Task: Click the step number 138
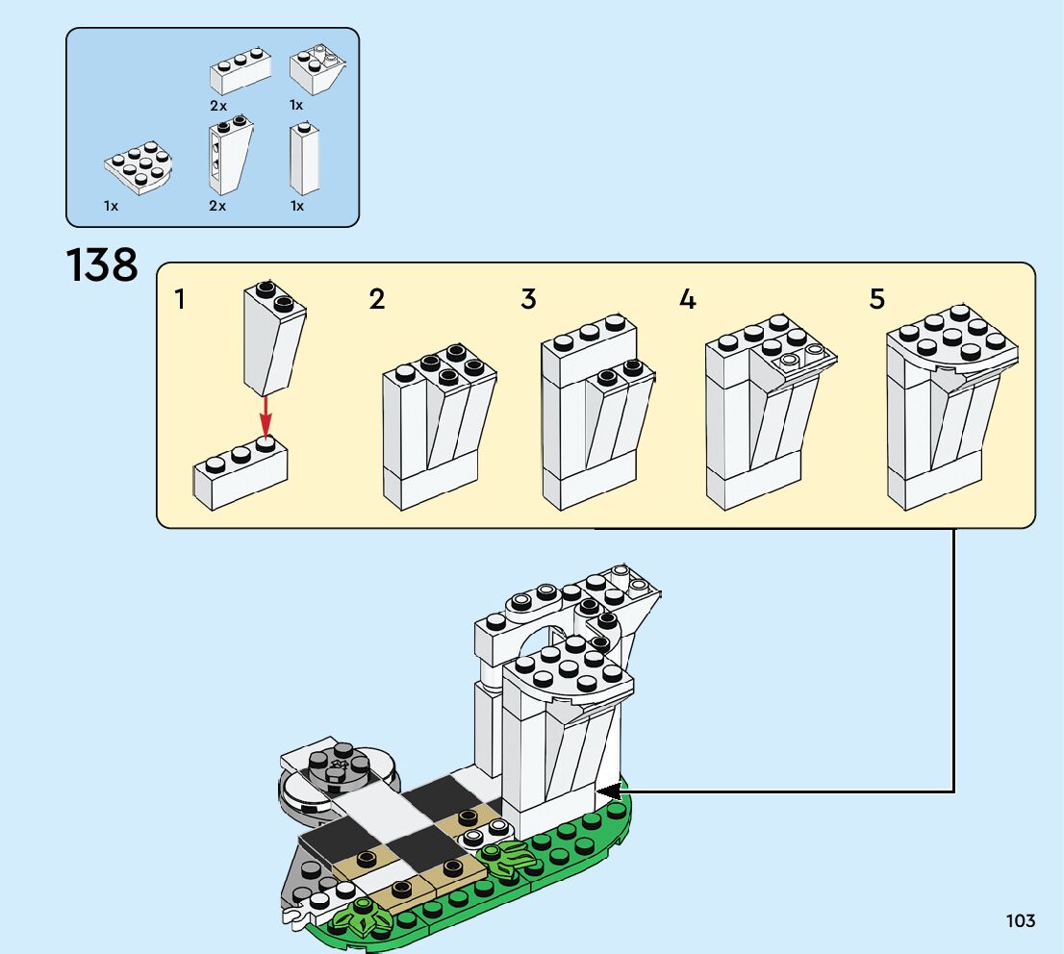tap(102, 264)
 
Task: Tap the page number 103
tap(1021, 921)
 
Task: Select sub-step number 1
tap(180, 299)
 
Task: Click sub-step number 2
tap(377, 299)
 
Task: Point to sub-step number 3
tap(528, 299)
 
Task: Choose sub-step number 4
tap(687, 299)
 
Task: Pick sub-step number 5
tap(876, 299)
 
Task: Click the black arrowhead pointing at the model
tap(607, 791)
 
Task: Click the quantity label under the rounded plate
tap(112, 206)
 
